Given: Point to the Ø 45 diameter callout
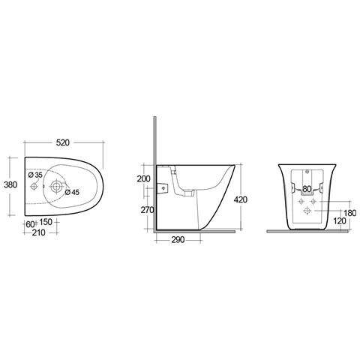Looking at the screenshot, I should point(73,191).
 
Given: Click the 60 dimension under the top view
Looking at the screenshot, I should point(29,223).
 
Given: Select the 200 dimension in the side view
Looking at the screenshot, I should point(143,178).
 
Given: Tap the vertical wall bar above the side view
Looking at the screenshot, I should point(153,139).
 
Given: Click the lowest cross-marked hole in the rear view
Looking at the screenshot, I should point(306,211).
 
